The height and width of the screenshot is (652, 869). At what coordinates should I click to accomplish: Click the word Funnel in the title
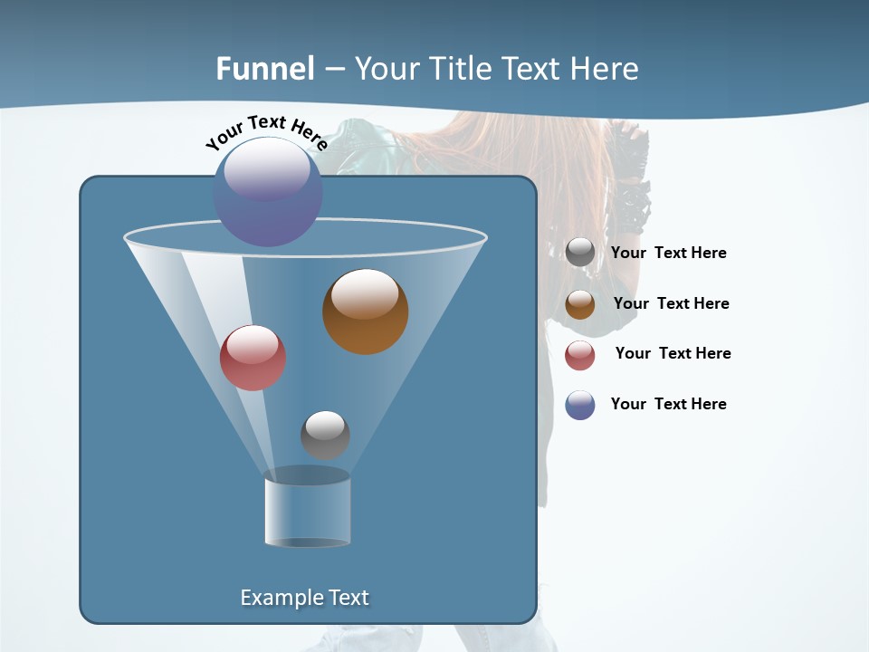pyautogui.click(x=265, y=69)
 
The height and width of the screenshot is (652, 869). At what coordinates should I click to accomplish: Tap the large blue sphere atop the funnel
pyautogui.click(x=268, y=192)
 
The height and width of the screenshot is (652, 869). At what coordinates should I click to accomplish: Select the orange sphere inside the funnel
pyautogui.click(x=366, y=312)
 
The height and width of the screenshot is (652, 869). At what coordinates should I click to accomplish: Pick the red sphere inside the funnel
pyautogui.click(x=253, y=358)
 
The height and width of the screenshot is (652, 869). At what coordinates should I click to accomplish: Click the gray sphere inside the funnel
pyautogui.click(x=325, y=435)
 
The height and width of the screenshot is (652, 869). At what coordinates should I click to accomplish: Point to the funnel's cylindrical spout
pyautogui.click(x=308, y=511)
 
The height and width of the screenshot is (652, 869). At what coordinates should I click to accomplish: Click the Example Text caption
pyautogui.click(x=304, y=598)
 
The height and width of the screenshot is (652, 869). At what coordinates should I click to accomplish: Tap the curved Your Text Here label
pyautogui.click(x=266, y=132)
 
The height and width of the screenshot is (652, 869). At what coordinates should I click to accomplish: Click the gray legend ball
pyautogui.click(x=580, y=253)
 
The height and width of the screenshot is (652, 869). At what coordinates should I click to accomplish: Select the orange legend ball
pyautogui.click(x=580, y=304)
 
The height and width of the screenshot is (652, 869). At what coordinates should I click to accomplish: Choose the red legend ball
pyautogui.click(x=580, y=355)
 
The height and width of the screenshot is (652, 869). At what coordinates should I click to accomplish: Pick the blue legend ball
pyautogui.click(x=580, y=405)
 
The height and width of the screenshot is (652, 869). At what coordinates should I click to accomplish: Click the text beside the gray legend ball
pyautogui.click(x=668, y=254)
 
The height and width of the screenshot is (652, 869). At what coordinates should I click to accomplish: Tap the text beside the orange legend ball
pyautogui.click(x=671, y=304)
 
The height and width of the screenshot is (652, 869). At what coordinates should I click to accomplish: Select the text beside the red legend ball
pyautogui.click(x=673, y=354)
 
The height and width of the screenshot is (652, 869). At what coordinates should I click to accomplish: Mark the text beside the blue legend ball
pyautogui.click(x=668, y=405)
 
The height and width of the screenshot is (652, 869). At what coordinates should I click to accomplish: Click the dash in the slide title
pyautogui.click(x=334, y=70)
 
